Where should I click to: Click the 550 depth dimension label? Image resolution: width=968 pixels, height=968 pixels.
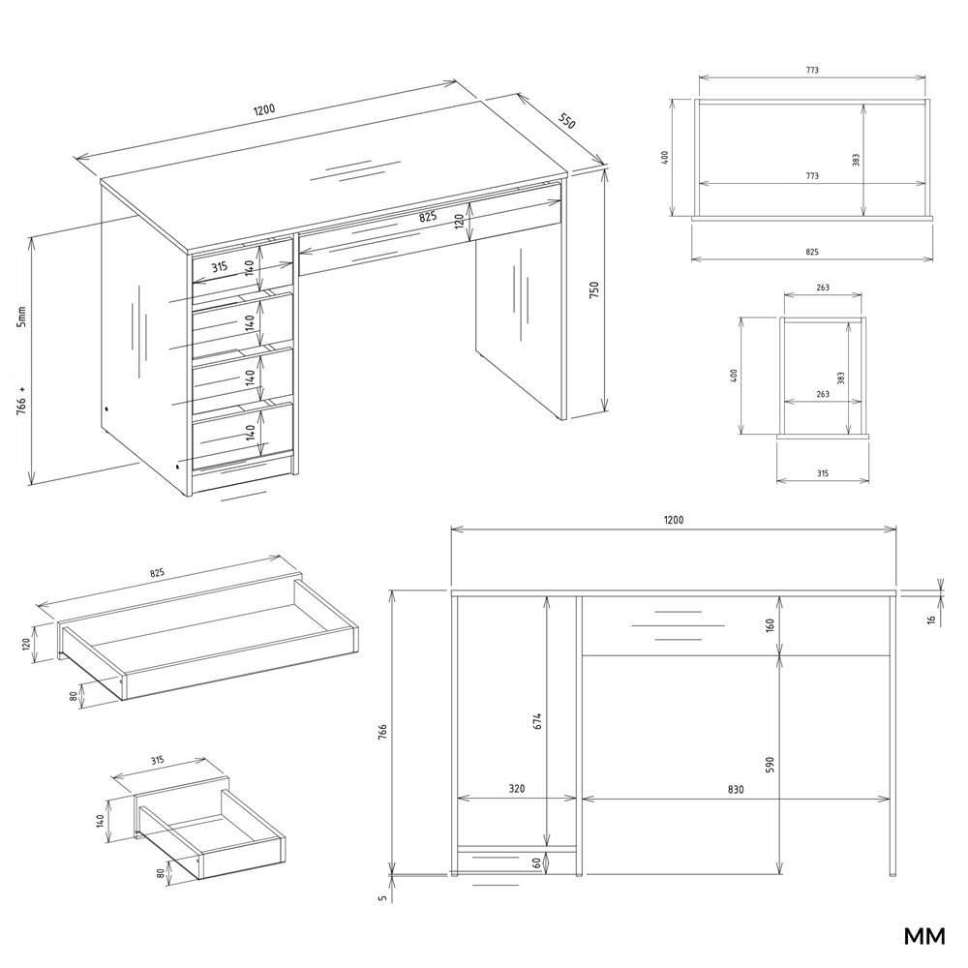click(x=566, y=121)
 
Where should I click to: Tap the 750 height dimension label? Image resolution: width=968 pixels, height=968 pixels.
click(x=594, y=290)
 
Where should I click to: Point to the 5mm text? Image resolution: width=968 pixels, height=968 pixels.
click(x=21, y=317)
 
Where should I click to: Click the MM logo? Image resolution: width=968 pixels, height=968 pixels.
click(x=924, y=936)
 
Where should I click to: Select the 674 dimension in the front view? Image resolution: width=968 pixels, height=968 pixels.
click(x=537, y=722)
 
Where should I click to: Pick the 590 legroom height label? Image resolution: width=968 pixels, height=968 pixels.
click(x=770, y=765)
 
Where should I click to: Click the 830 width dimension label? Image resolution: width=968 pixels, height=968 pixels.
click(x=736, y=789)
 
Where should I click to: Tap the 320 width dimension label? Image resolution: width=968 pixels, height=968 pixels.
click(x=517, y=788)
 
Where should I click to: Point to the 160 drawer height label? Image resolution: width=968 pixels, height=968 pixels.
click(x=770, y=624)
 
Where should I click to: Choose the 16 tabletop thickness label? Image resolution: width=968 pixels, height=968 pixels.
click(x=931, y=618)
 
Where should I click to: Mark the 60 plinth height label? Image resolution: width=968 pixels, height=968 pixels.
click(x=536, y=862)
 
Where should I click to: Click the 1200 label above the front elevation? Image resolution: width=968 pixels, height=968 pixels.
click(x=674, y=520)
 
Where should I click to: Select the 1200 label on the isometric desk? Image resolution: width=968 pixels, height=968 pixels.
click(x=263, y=110)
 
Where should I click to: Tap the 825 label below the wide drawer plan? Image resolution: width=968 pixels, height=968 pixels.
click(x=812, y=252)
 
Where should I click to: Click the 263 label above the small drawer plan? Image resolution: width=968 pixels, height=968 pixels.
click(x=822, y=287)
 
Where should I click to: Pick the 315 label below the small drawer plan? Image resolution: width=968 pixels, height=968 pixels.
click(x=822, y=473)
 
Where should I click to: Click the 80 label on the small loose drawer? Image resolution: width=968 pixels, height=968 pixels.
click(x=161, y=874)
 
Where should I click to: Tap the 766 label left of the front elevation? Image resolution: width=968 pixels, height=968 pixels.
click(x=382, y=732)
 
